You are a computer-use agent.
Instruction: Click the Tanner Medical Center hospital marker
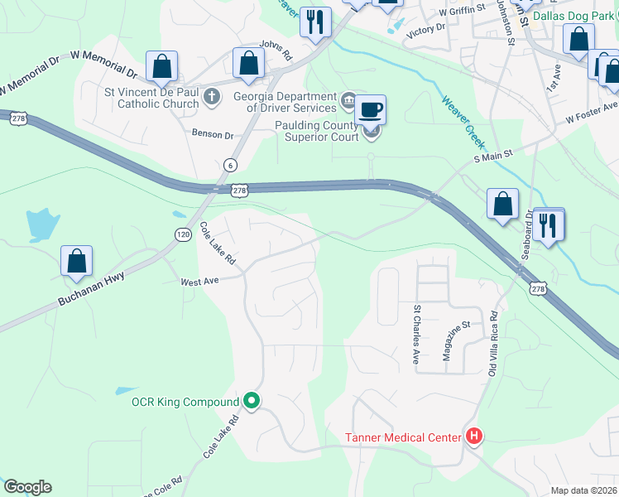pos(474,436)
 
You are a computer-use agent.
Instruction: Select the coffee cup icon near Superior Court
pos(371,109)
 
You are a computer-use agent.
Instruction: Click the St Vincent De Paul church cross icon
pos(211,97)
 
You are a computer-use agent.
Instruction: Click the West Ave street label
pos(199,282)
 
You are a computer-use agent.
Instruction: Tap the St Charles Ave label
pos(416,334)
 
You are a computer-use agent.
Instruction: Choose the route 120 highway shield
pos(183,234)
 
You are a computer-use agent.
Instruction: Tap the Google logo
pos(27,487)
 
